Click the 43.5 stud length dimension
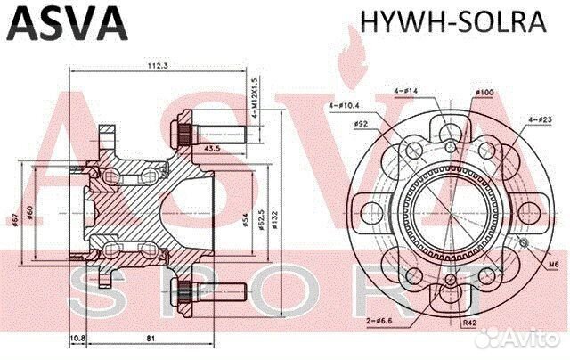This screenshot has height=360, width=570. tap(214, 148)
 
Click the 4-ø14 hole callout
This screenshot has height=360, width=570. tap(406, 92)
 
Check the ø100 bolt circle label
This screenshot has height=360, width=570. tap(485, 93)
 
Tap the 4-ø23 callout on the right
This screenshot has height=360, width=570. tap(539, 119)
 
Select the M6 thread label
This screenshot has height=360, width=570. tap(551, 266)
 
